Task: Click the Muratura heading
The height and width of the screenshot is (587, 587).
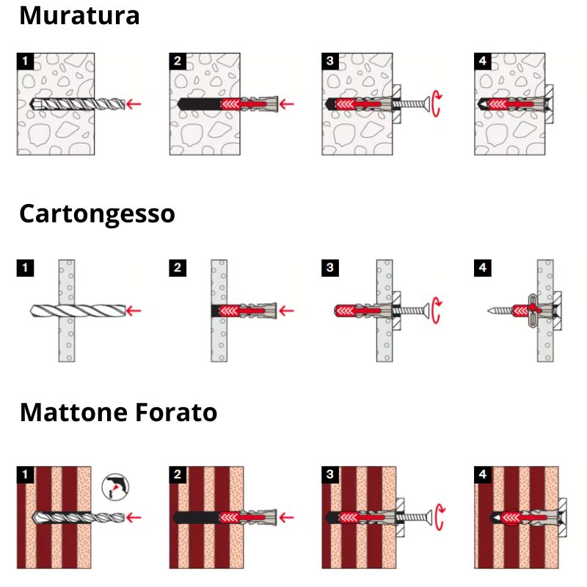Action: [79, 15]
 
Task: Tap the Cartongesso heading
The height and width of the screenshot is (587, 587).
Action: [97, 214]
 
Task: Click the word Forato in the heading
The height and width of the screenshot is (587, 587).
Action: [176, 412]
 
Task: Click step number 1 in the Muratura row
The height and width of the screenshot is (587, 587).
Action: [26, 62]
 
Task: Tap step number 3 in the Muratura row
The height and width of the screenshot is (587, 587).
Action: [330, 62]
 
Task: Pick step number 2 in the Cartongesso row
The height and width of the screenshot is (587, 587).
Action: [178, 268]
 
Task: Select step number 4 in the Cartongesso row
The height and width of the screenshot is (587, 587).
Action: [483, 268]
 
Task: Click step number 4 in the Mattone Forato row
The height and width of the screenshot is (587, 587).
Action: [483, 475]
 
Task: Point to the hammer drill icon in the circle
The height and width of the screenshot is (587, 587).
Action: [115, 487]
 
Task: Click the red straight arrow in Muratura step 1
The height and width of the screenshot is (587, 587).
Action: [134, 104]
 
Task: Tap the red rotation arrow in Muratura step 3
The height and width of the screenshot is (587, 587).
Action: [435, 103]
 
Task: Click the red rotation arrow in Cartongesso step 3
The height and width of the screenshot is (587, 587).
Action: [435, 310]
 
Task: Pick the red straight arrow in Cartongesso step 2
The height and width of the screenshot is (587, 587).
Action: [286, 310]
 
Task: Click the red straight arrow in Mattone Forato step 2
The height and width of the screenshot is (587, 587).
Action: [286, 517]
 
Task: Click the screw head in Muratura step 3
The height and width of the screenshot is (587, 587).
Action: [426, 103]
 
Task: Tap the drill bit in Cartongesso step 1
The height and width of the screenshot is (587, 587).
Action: [78, 310]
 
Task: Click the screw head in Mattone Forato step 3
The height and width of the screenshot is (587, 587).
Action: [429, 518]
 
